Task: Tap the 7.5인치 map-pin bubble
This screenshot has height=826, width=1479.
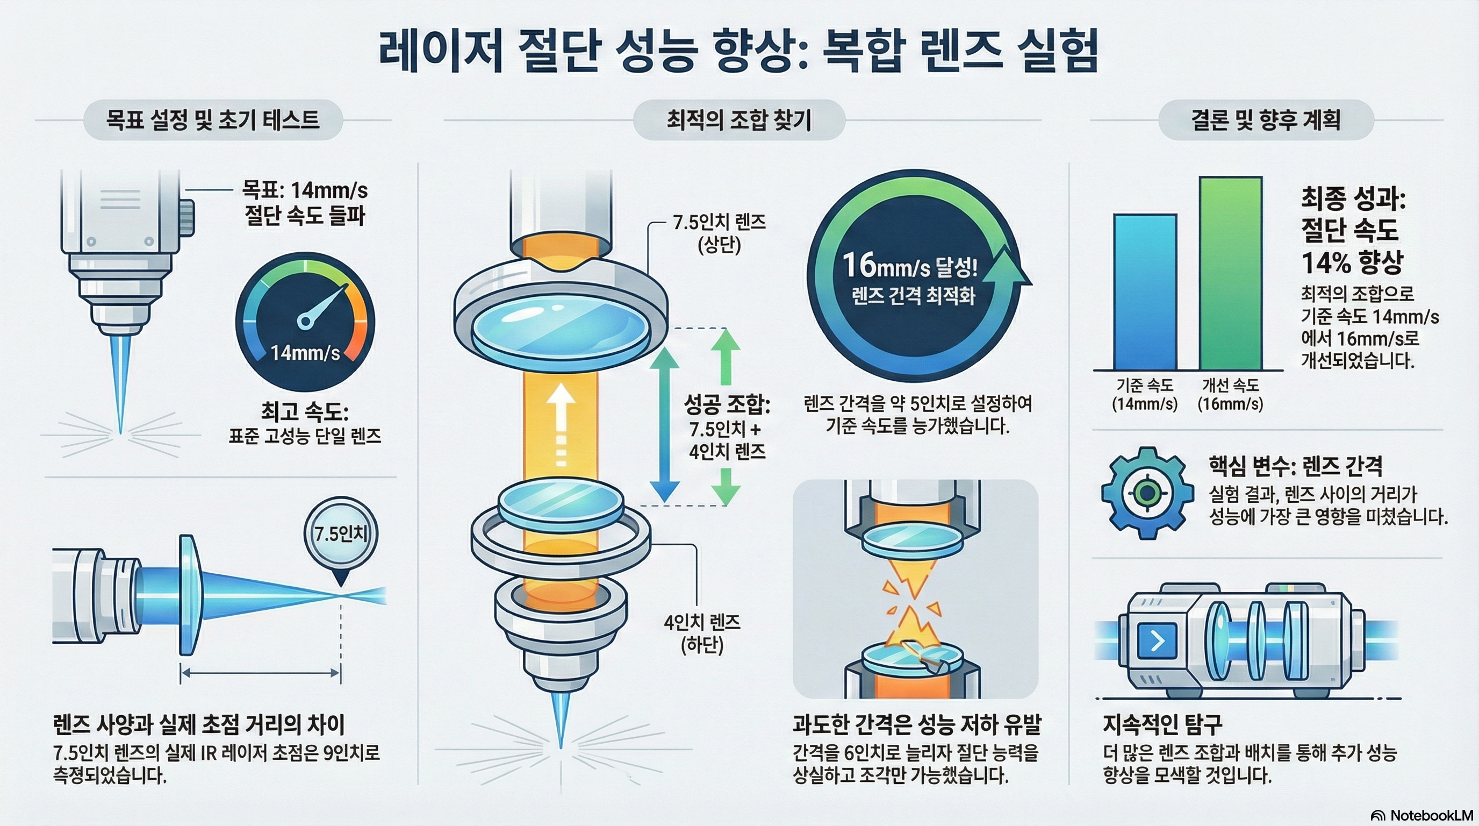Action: (x=341, y=534)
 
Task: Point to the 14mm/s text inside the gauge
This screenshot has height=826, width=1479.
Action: (x=305, y=352)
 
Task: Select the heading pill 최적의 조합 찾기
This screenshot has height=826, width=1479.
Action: (x=739, y=120)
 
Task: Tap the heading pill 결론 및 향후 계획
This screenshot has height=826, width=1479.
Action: (x=1266, y=120)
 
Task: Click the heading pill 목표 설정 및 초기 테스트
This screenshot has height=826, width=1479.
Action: (x=213, y=120)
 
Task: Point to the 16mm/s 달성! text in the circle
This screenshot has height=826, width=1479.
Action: (x=909, y=266)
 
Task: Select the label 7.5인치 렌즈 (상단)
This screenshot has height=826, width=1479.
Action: (x=720, y=233)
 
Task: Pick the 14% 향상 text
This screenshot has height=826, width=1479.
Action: (x=1352, y=262)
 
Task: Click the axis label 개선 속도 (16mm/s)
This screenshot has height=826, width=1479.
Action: (x=1230, y=394)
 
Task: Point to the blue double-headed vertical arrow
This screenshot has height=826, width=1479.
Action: (x=664, y=425)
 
